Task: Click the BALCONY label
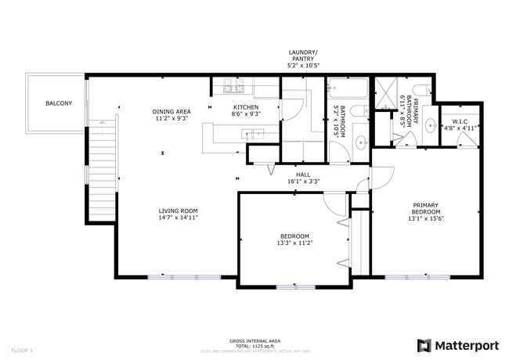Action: (x=59, y=103)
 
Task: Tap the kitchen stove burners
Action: (x=233, y=85)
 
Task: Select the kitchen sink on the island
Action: (x=255, y=135)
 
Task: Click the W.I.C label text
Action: (x=460, y=121)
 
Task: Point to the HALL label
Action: (x=303, y=175)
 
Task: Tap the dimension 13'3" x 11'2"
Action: (x=294, y=243)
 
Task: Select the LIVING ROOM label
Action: (x=179, y=211)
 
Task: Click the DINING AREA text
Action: (x=171, y=111)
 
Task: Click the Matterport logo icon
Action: (x=424, y=345)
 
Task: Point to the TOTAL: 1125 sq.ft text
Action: (x=254, y=346)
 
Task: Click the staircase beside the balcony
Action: (x=99, y=176)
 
